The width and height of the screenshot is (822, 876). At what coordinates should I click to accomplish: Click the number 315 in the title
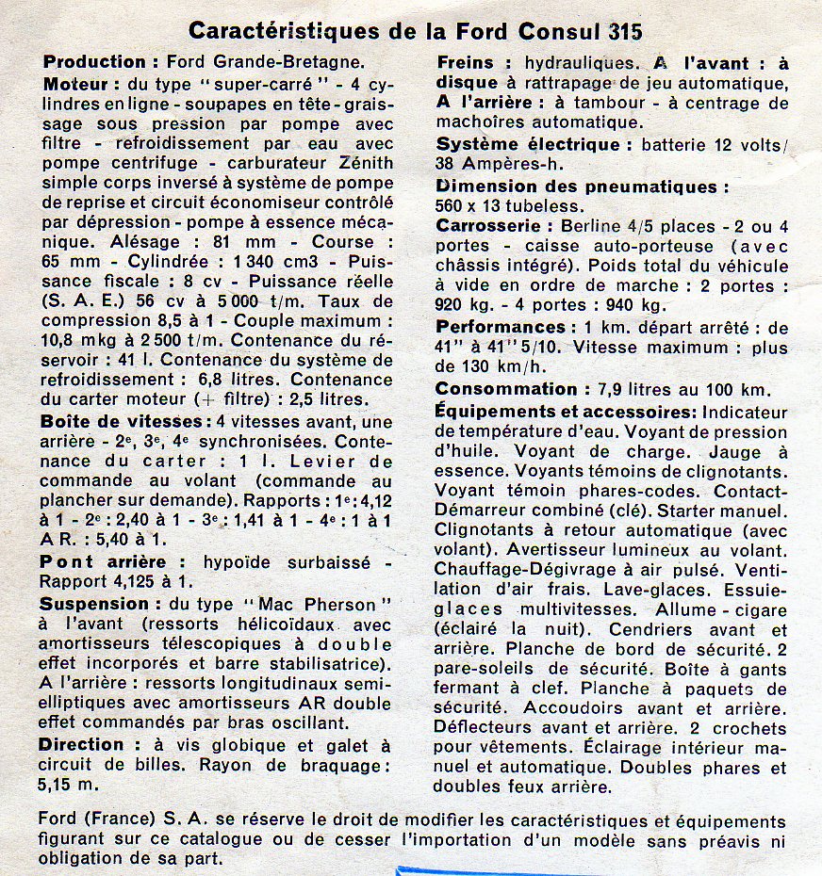click(x=614, y=31)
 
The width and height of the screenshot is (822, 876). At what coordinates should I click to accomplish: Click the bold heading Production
click(x=95, y=62)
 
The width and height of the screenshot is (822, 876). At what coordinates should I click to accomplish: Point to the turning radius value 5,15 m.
click(x=72, y=784)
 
